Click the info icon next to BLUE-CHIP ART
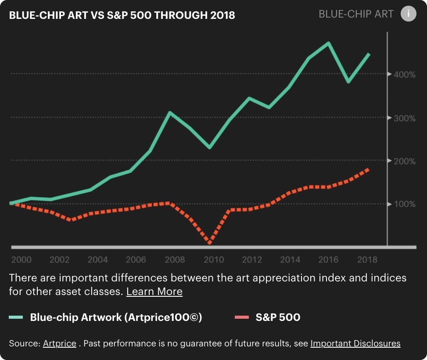[408, 14]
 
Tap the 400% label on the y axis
[405, 75]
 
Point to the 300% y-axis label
[405, 118]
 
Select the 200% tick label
[405, 161]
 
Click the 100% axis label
[405, 204]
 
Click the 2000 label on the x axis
[21, 259]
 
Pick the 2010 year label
[213, 259]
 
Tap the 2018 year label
[367, 259]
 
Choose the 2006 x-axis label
[136, 259]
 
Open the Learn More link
[154, 292]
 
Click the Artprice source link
[59, 343]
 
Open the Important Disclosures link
[355, 343]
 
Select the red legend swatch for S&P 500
[242, 317]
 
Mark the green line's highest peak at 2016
[328, 43]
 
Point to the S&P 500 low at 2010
[210, 242]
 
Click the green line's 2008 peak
[170, 112]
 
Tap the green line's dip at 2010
[210, 148]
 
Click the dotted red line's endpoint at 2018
[368, 169]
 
